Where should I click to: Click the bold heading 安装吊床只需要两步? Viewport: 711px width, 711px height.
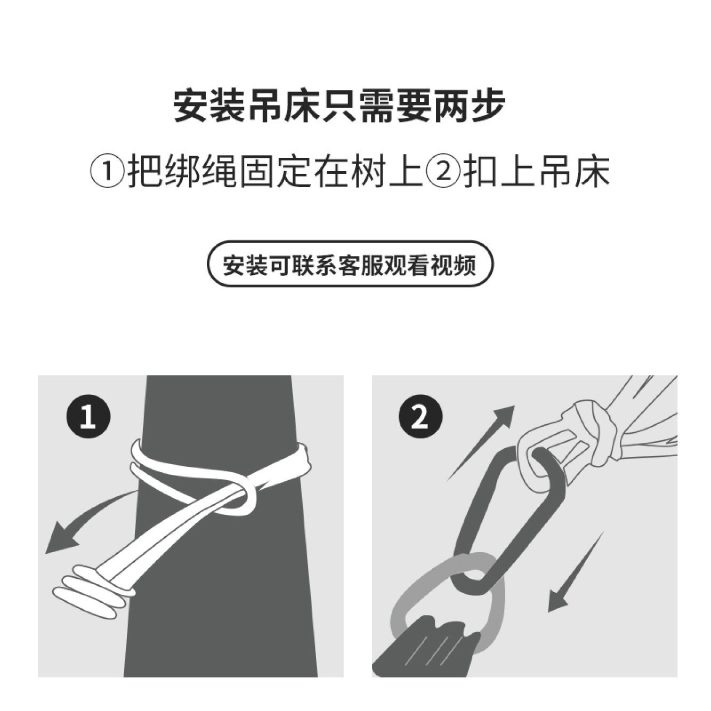[x=339, y=106]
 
